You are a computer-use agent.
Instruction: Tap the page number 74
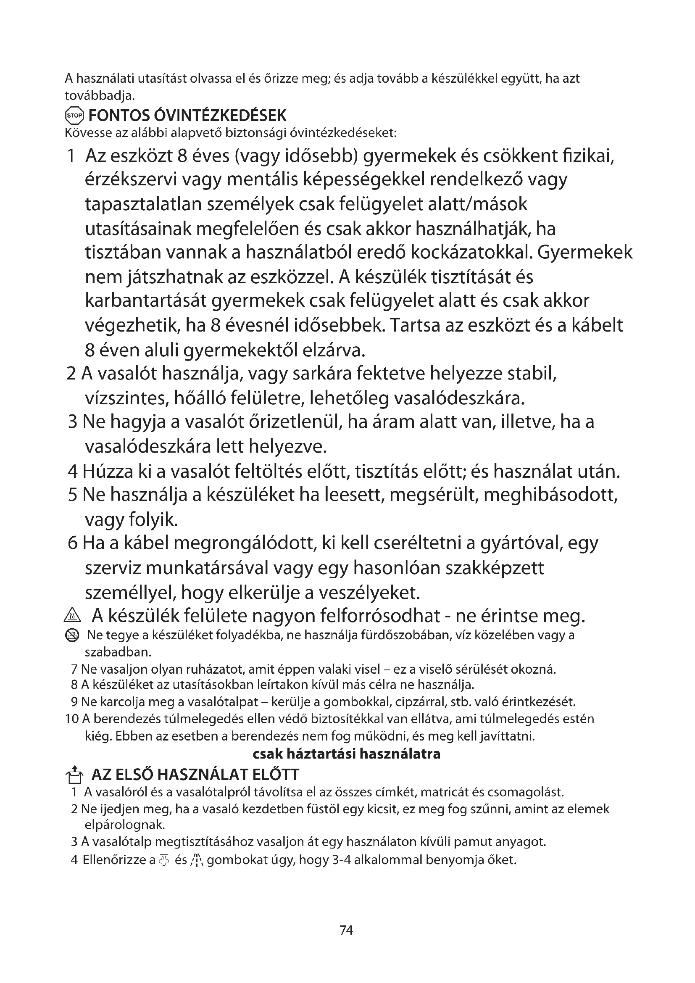346,930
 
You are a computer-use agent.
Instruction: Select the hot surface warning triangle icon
69,617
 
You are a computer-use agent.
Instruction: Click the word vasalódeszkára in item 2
458,398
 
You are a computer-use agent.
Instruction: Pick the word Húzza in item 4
107,472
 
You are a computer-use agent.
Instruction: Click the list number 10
71,719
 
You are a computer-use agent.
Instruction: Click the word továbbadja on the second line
99,94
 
